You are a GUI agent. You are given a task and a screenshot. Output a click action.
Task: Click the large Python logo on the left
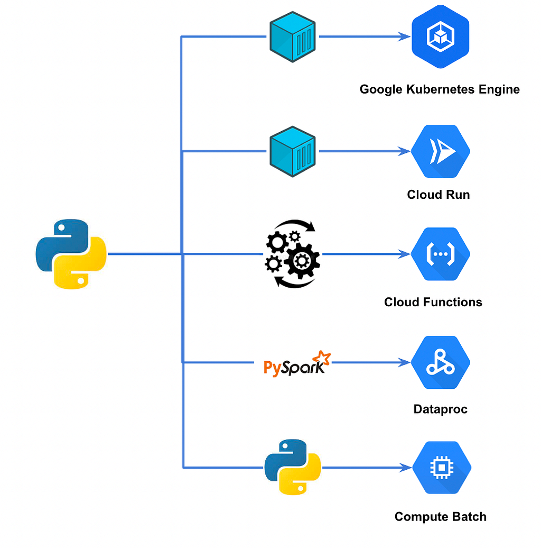click(71, 254)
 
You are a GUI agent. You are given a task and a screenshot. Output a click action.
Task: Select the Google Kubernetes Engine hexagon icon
click(441, 36)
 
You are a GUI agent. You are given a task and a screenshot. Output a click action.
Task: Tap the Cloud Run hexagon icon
click(441, 151)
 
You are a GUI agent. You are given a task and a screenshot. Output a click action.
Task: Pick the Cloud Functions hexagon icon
click(441, 254)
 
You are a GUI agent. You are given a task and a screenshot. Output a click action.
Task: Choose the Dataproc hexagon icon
click(441, 362)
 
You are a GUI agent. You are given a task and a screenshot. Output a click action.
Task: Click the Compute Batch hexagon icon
click(442, 468)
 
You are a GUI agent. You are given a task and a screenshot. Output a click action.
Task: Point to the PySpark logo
click(297, 364)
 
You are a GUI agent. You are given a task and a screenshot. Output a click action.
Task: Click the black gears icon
click(293, 254)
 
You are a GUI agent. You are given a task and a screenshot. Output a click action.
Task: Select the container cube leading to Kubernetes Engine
click(293, 36)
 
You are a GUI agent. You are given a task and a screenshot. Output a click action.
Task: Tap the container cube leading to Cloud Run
click(293, 151)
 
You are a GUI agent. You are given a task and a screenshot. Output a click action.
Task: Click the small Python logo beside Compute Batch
click(293, 467)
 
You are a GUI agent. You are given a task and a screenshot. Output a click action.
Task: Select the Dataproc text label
click(441, 409)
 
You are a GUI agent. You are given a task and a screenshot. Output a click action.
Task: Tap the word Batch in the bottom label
click(470, 517)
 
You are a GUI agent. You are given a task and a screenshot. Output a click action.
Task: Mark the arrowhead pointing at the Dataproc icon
click(405, 362)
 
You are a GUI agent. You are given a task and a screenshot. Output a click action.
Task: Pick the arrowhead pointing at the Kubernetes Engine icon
click(405, 36)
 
